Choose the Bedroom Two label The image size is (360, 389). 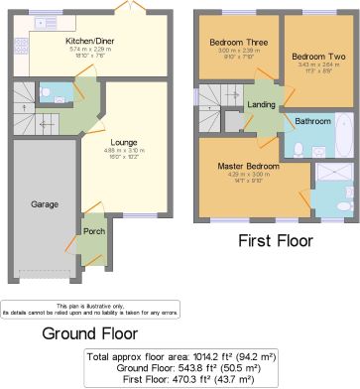click(x=309, y=57)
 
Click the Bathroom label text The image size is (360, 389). click(x=313, y=121)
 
